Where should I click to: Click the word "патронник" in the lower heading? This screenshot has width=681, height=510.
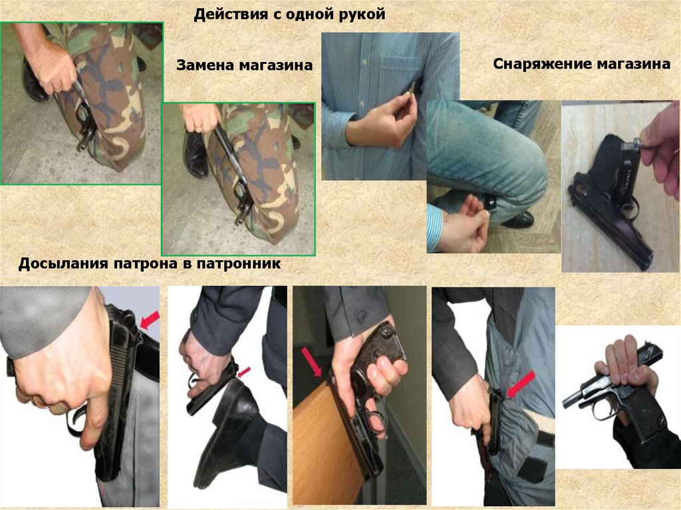click(x=238, y=264)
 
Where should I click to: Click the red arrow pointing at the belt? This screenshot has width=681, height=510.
click(x=150, y=320)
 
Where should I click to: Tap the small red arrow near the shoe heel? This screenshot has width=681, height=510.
click(x=244, y=372)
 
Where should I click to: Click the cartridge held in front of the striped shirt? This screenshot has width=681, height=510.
click(x=410, y=89)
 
